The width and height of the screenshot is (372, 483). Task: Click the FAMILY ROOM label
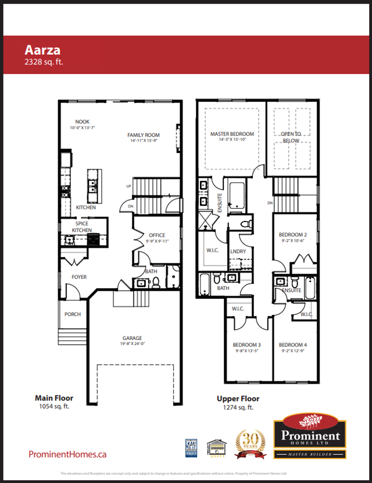(144, 135)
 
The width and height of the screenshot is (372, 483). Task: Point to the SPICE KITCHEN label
(82, 227)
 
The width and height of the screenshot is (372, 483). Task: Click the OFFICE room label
(157, 235)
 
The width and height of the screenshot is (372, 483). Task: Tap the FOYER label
(79, 277)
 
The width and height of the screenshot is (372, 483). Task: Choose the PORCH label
(73, 314)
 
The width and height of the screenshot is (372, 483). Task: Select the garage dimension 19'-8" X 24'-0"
(133, 344)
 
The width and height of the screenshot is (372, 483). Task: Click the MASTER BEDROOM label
(232, 134)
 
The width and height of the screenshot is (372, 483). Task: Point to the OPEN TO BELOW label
(291, 137)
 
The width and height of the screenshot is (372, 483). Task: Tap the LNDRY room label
(238, 251)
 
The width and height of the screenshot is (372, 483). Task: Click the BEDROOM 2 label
(293, 235)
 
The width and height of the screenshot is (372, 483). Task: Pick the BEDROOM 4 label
(293, 345)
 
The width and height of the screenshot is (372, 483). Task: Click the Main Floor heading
(54, 398)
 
